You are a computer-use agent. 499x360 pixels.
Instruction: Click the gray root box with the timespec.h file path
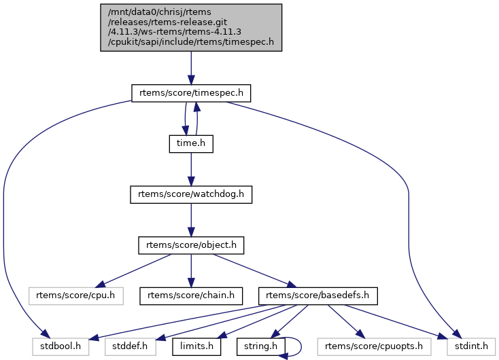click(191, 27)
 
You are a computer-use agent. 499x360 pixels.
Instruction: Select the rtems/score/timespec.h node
click(191, 93)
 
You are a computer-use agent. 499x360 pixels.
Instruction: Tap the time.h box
click(191, 143)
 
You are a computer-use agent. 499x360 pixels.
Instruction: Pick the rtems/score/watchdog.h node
click(191, 194)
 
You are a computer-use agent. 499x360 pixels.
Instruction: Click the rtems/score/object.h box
click(191, 245)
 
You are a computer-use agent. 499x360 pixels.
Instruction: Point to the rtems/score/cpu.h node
click(76, 295)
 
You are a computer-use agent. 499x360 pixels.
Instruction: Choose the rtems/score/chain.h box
click(191, 295)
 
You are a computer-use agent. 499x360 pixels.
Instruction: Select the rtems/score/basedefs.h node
click(318, 295)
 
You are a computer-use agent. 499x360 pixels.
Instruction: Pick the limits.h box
click(197, 346)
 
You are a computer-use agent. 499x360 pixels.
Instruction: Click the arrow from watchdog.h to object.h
click(191, 219)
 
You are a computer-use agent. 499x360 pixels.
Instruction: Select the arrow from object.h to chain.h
click(191, 270)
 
